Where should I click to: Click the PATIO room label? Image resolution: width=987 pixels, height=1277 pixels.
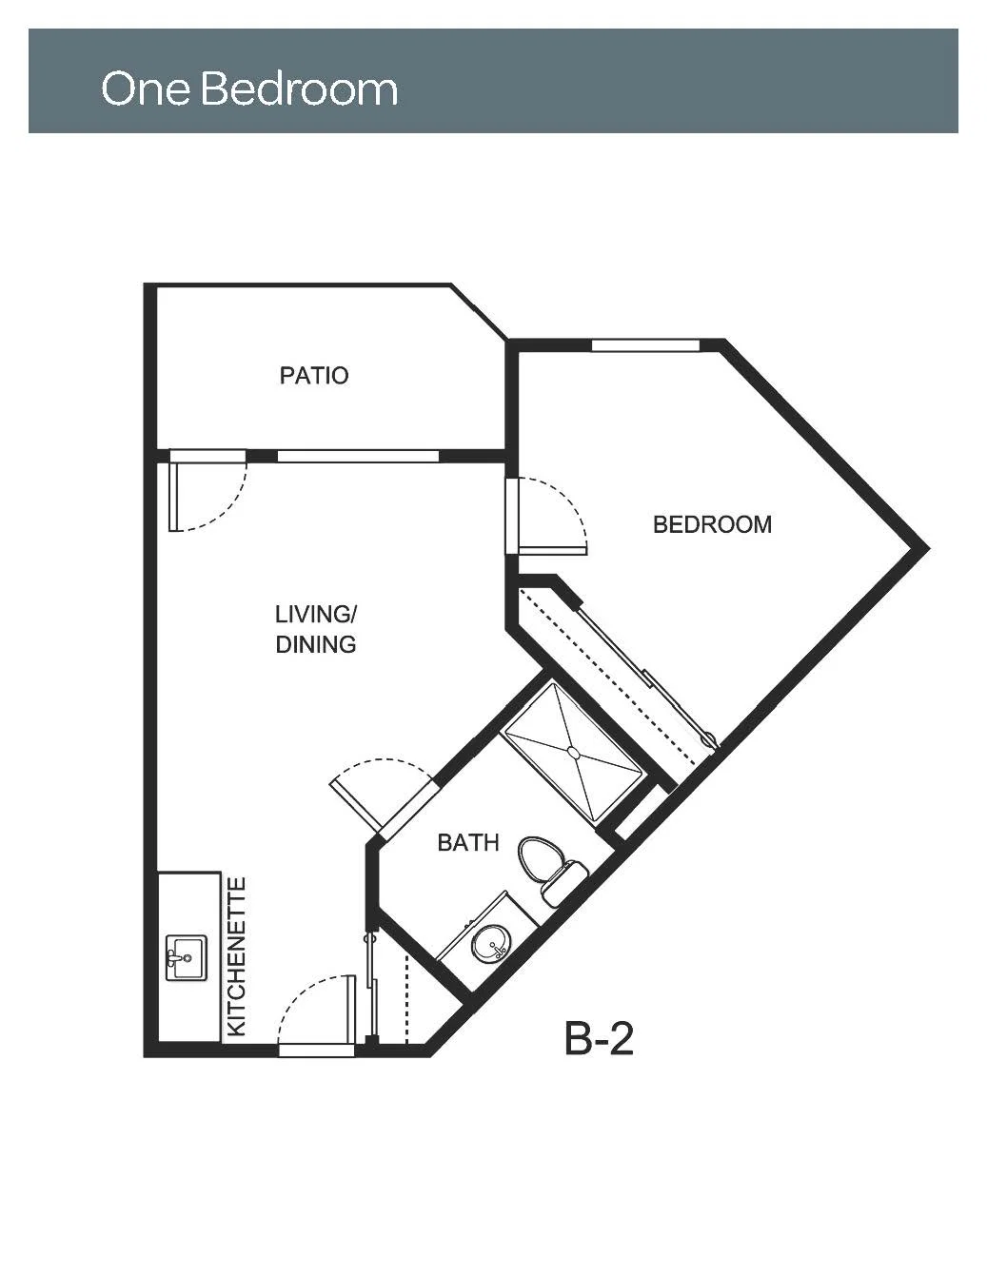point(314,376)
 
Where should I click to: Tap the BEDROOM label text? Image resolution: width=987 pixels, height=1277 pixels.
point(713,524)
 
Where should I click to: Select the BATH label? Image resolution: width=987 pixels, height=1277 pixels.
point(468,843)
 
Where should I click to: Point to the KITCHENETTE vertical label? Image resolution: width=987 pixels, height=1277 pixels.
point(236,956)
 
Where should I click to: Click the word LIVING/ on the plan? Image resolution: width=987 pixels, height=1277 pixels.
point(316,615)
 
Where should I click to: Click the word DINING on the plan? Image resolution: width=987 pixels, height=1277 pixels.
point(316,644)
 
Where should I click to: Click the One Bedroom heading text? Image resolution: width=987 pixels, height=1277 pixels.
point(249,88)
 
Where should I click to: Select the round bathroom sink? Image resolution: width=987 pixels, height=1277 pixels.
point(491,943)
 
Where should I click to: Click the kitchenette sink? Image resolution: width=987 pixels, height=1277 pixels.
point(187,958)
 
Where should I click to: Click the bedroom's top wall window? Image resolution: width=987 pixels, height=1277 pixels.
point(645,345)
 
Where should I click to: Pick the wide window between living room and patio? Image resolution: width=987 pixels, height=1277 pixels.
point(358,456)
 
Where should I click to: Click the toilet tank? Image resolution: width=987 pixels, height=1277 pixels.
point(564,883)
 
